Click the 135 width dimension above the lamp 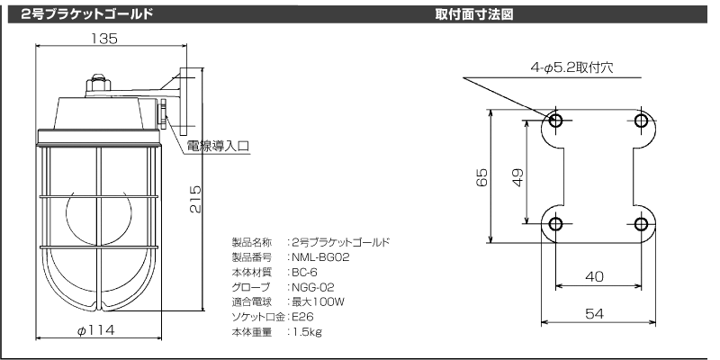103,39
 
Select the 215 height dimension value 195,199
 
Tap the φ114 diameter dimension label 95,329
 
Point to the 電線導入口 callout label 218,147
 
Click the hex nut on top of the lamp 98,84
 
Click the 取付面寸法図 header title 474,14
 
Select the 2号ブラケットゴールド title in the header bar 86,14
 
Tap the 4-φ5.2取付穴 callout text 571,68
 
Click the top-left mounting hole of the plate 555,121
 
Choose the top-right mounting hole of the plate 641,121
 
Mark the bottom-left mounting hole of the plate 555,224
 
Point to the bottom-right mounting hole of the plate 641,224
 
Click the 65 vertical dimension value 481,177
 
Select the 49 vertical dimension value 517,177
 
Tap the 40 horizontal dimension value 595,276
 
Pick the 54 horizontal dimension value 595,313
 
